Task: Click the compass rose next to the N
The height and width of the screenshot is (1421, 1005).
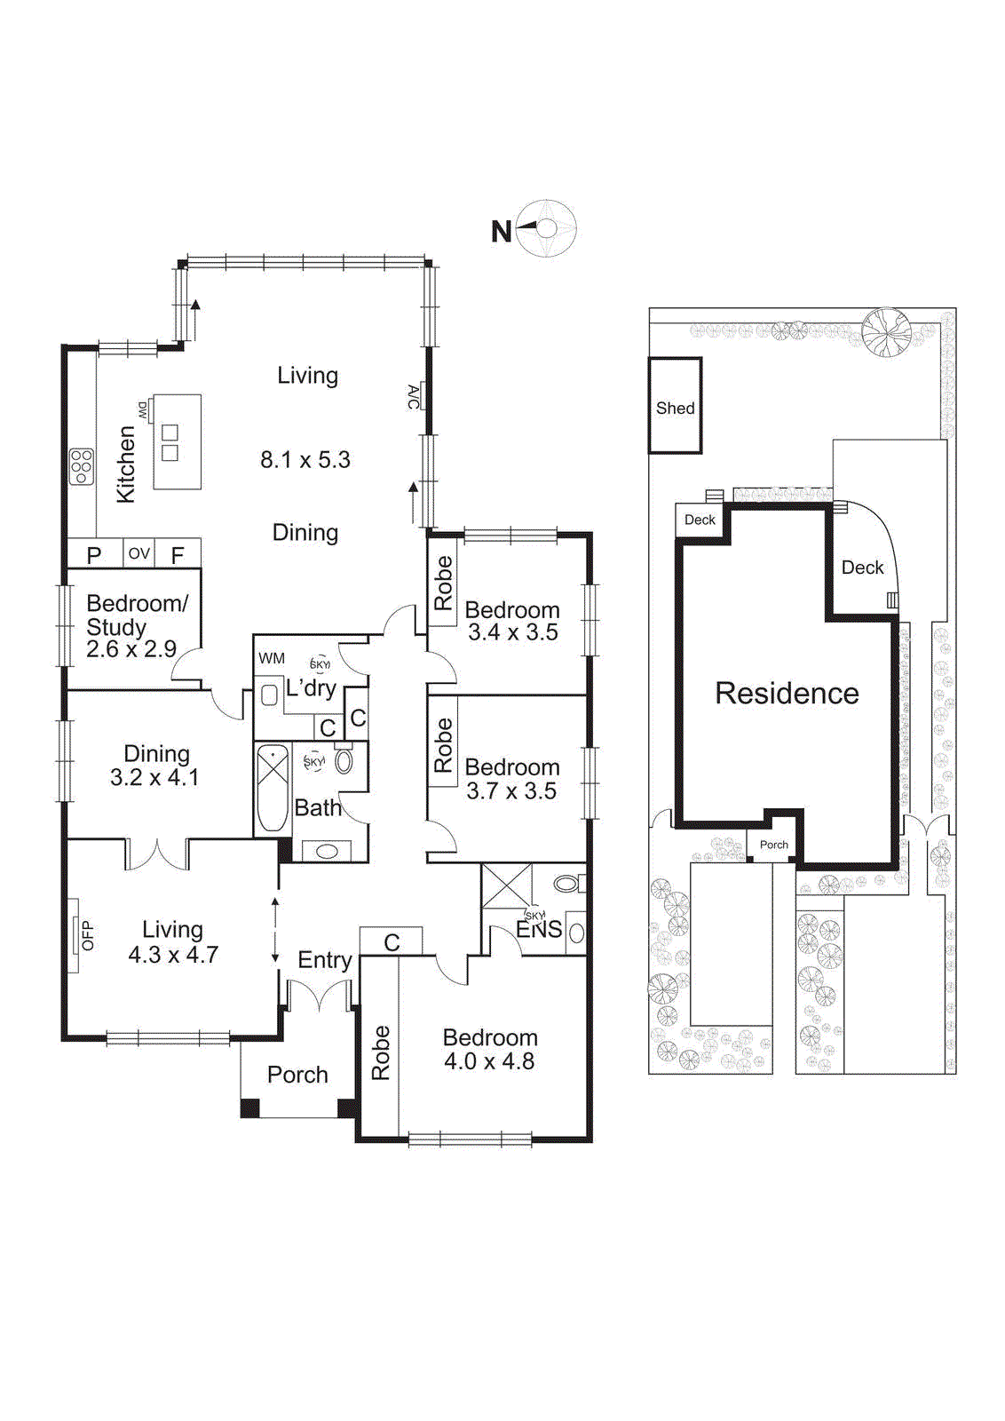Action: coord(547,229)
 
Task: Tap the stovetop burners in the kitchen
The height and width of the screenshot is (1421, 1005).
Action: coord(81,465)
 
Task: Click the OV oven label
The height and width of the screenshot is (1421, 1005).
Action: coord(138,553)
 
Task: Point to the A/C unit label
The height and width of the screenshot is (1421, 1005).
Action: coord(413,396)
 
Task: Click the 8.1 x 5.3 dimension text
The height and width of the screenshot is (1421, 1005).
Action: coord(305,460)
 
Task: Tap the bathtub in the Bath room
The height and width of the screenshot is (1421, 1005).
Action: coord(273,788)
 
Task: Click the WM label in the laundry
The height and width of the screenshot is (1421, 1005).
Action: coord(272,658)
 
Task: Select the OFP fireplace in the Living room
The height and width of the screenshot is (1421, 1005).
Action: coord(86,935)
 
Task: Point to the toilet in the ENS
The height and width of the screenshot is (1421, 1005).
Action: coord(568,884)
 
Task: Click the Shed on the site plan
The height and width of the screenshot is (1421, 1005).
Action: coord(675,408)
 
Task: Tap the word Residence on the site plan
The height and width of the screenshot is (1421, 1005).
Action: coord(787,694)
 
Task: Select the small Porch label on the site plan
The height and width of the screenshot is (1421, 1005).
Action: coord(773,845)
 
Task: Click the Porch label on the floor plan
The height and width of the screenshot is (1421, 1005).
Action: coord(297,1075)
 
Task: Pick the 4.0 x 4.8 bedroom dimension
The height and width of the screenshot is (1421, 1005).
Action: coord(489,1061)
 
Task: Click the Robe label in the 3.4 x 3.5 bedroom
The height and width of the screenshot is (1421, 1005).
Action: coord(443,583)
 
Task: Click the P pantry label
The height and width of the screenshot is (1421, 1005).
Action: coord(94,555)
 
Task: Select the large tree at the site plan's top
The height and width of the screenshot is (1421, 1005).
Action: coord(886,332)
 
